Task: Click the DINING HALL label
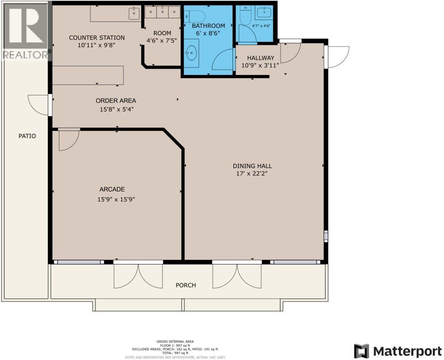coord(252,166)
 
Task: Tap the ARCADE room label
coord(112,189)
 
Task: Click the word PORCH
coord(186,285)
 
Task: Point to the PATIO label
coord(27,136)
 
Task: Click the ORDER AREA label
coord(116,101)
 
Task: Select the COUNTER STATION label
coord(96,37)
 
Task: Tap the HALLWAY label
coord(260,58)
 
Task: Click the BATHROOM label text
coord(208,26)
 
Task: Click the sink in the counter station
coord(134,12)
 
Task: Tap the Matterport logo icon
coord(361,351)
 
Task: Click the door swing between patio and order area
coord(38,104)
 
